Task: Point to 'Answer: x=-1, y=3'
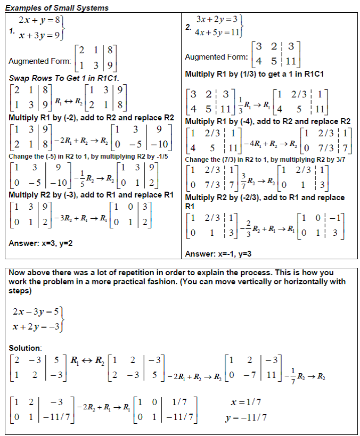[218, 253]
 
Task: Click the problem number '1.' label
[12, 31]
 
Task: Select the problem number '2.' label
[187, 25]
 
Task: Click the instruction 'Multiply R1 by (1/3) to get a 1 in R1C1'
[255, 73]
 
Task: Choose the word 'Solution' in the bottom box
[24, 348]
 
